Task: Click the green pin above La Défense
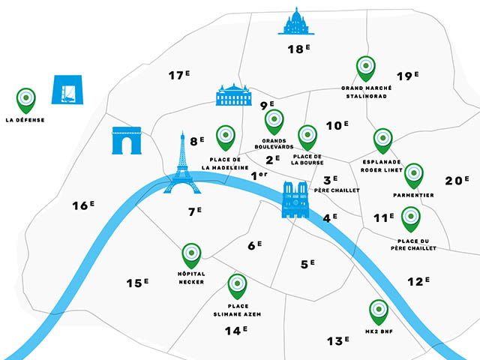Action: point(25,97)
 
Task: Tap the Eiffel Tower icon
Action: point(181,165)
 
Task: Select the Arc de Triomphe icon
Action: point(127,141)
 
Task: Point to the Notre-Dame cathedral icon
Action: point(295,200)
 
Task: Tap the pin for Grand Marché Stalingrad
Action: point(366,68)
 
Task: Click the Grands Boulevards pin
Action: point(274,121)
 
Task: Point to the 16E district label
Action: point(82,205)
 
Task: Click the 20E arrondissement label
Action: point(456,180)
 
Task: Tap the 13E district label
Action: point(338,340)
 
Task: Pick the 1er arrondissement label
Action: point(259,175)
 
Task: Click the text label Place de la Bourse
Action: point(306,159)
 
